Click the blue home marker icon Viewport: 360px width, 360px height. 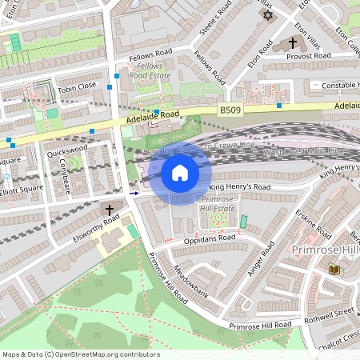pyautogui.click(x=180, y=173)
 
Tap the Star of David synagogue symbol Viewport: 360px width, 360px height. pyautogui.click(x=266, y=14)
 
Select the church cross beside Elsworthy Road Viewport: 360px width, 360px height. pyautogui.click(x=110, y=209)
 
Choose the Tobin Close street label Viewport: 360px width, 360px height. pyautogui.click(x=77, y=86)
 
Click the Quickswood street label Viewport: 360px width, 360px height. pyautogui.click(x=67, y=149)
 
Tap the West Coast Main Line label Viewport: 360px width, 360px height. pyautogui.click(x=303, y=151)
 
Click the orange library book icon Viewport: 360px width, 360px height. pyautogui.click(x=334, y=270)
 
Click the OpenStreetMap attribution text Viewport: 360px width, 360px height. pyautogui.click(x=81, y=354)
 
